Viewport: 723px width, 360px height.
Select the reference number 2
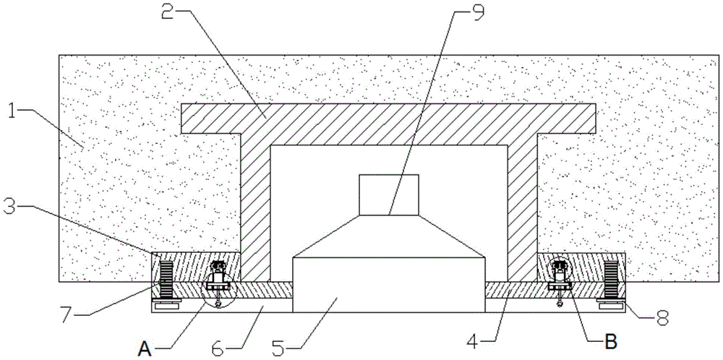point(168,12)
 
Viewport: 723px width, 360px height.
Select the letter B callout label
point(610,341)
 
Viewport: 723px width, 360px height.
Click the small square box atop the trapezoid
point(389,194)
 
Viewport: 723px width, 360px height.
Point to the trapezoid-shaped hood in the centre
point(389,236)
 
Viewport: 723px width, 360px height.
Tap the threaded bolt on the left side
point(166,279)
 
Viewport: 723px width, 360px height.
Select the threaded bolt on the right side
point(610,279)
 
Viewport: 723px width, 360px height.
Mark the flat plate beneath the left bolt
point(167,305)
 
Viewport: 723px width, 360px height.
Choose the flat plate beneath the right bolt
point(610,305)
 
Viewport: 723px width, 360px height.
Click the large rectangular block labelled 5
point(389,284)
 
